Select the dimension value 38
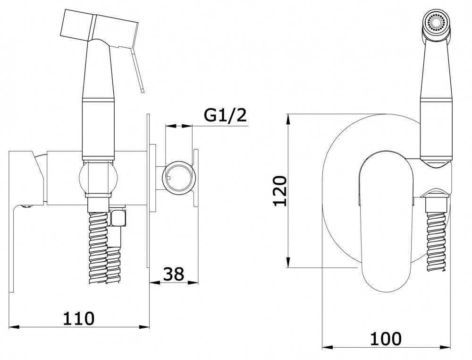[173, 274]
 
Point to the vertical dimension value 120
[279, 191]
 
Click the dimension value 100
[386, 339]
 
